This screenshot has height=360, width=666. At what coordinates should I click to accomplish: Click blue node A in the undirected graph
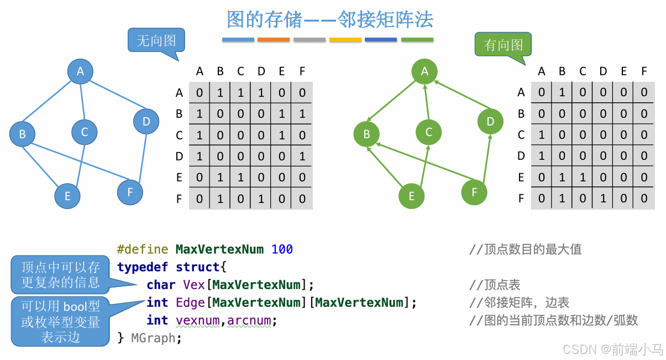[80, 71]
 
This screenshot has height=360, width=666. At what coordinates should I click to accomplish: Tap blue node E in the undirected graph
[67, 196]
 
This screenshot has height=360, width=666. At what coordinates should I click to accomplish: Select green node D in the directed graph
[490, 122]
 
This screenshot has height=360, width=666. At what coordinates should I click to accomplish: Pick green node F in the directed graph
[474, 192]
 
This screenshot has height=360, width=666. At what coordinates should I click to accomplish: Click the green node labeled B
[366, 134]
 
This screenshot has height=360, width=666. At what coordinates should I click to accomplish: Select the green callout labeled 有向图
[503, 45]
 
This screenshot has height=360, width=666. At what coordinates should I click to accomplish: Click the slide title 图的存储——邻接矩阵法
[330, 20]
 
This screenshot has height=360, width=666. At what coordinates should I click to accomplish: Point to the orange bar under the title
[273, 40]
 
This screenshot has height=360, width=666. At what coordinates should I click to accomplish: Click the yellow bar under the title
[345, 40]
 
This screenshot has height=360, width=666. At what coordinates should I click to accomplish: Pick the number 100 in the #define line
[282, 249]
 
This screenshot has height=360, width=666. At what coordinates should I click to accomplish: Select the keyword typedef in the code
[143, 267]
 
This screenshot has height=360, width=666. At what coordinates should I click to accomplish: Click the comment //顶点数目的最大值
[525, 249]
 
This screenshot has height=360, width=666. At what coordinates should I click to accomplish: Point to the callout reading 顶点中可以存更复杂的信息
[60, 275]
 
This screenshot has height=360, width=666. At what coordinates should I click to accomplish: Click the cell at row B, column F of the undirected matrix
[302, 114]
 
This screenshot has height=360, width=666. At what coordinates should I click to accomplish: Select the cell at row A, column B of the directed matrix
[562, 92]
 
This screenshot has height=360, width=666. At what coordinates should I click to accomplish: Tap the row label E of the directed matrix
[521, 178]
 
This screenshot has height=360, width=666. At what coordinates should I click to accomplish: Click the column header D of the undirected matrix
[261, 71]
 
